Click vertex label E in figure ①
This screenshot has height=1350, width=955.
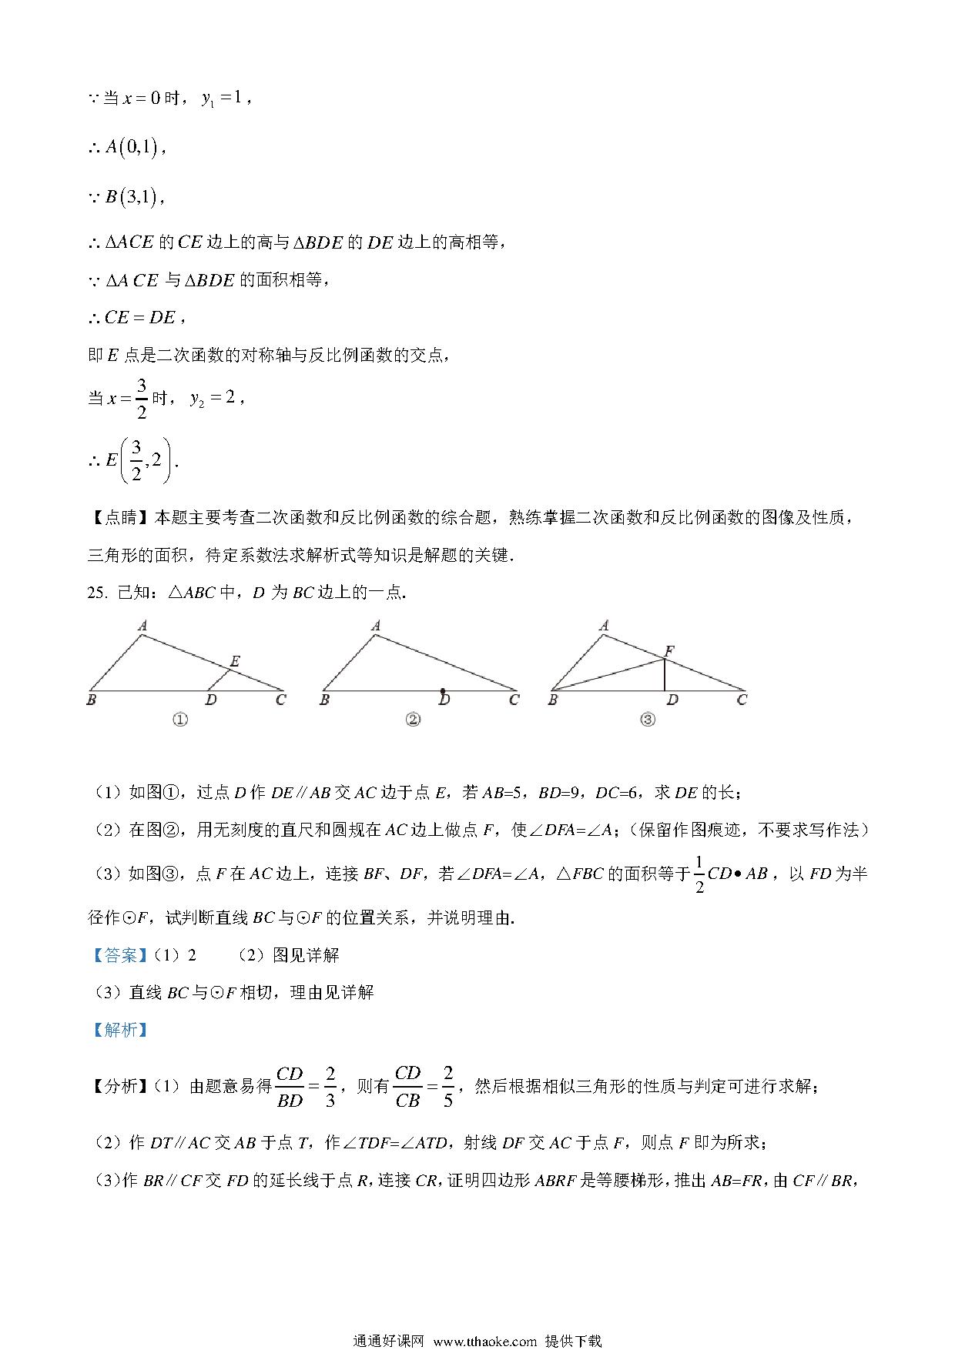point(235,661)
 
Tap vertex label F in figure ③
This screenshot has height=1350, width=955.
point(669,651)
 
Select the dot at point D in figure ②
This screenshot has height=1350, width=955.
point(442,691)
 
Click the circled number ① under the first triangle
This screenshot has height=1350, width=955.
point(180,720)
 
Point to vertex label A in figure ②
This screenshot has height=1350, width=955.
point(376,626)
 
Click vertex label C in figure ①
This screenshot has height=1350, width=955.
point(281,700)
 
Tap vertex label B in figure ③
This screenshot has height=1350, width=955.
point(552,700)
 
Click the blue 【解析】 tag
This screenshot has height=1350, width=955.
point(119,1030)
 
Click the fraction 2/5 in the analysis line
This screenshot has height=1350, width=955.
point(447,1086)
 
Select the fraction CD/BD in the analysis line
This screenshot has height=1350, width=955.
point(290,1086)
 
